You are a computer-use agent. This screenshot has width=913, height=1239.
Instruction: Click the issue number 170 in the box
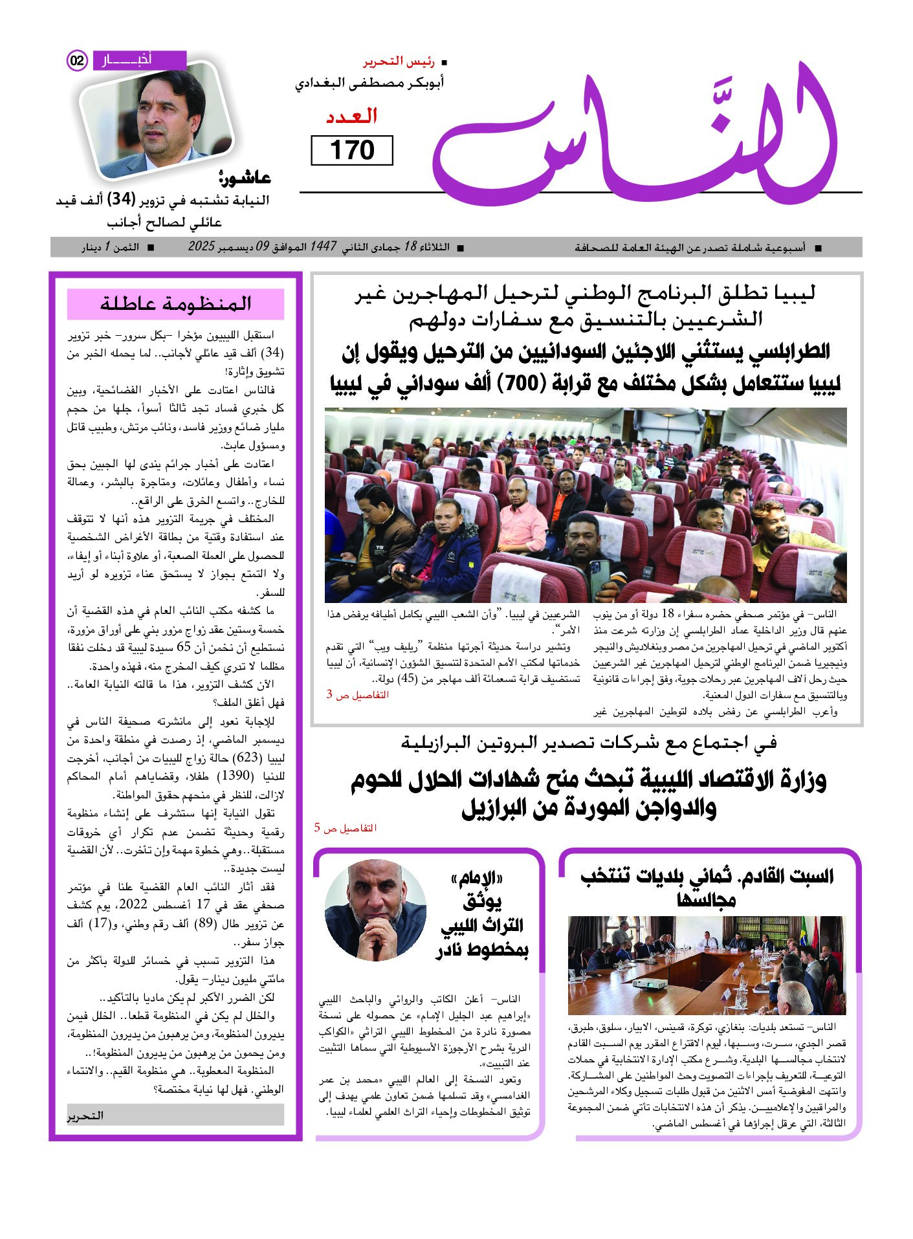pyautogui.click(x=352, y=150)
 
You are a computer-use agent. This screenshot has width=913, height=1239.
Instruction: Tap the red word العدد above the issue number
pyautogui.click(x=351, y=117)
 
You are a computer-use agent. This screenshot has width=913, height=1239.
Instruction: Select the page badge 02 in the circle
pyautogui.click(x=77, y=61)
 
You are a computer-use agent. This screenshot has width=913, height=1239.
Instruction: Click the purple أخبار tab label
pyautogui.click(x=139, y=60)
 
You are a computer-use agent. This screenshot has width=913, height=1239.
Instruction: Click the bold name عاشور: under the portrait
pyautogui.click(x=245, y=177)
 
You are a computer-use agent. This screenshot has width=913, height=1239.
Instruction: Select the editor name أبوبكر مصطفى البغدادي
pyautogui.click(x=369, y=83)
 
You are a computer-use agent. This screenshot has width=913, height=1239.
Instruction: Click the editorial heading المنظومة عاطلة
pyautogui.click(x=175, y=303)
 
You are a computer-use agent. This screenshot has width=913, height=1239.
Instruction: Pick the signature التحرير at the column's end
pyautogui.click(x=85, y=1115)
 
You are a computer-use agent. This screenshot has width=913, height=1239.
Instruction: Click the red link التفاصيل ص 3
pyautogui.click(x=357, y=695)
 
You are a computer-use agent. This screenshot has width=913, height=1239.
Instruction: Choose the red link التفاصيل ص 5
pyautogui.click(x=345, y=828)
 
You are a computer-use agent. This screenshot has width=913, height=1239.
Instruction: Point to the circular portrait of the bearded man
pyautogui.click(x=375, y=910)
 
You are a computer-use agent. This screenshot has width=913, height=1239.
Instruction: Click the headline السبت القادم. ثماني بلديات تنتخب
pyautogui.click(x=707, y=877)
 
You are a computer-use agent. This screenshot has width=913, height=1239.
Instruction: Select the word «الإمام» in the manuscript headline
pyautogui.click(x=477, y=879)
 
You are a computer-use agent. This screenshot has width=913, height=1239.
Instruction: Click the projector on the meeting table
pyautogui.click(x=647, y=983)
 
